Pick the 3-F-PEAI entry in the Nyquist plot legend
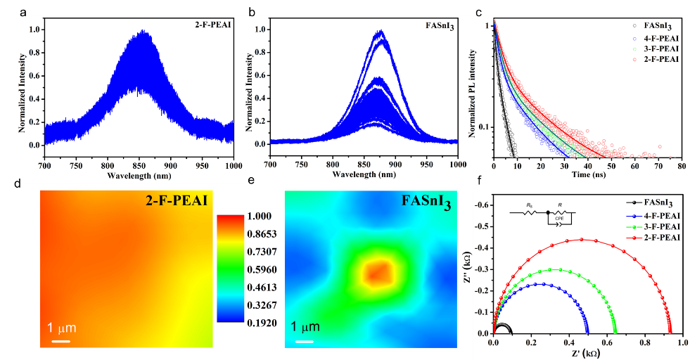coord(660,226)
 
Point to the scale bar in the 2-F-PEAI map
coord(61,341)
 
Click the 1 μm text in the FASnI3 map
coord(304,327)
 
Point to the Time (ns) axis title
coord(583,174)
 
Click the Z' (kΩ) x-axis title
coord(582,354)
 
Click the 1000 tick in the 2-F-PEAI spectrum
coord(233,166)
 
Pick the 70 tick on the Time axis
coord(659,166)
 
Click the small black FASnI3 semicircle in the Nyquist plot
coord(503,327)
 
